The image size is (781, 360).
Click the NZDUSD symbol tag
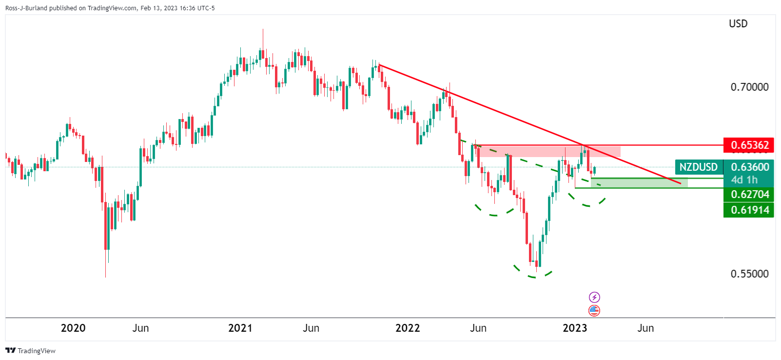698,167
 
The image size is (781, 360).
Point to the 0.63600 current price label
749,167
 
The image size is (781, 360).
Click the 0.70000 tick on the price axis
749,87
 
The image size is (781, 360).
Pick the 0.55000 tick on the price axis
749,274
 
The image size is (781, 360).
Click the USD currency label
738,23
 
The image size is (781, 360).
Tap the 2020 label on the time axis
73,328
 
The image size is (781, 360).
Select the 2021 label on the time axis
240,328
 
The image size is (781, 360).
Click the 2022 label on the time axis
408,328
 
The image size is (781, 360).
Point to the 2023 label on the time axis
575,328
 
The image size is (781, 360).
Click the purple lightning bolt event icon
594,297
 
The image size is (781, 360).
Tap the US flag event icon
594,310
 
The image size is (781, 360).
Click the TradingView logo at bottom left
30,351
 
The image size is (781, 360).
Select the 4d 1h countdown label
744,180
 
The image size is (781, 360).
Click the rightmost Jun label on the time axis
645,328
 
